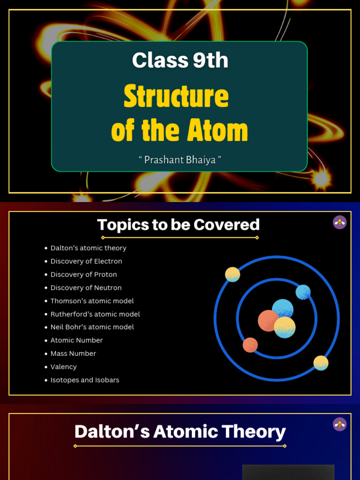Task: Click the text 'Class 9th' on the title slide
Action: pyautogui.click(x=180, y=60)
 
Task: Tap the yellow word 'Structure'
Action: pyautogui.click(x=176, y=97)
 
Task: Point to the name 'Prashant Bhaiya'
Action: pyautogui.click(x=180, y=160)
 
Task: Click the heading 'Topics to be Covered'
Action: pyautogui.click(x=178, y=225)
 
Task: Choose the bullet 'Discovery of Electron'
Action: pyautogui.click(x=86, y=261)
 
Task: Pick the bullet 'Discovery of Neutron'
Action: pyautogui.click(x=86, y=287)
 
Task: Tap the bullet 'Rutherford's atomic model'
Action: pyautogui.click(x=95, y=314)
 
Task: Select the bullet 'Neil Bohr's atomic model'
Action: pyautogui.click(x=92, y=327)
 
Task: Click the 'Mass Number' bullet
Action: pyautogui.click(x=73, y=353)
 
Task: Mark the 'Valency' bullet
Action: pyautogui.click(x=63, y=367)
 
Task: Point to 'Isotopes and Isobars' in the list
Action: pyautogui.click(x=85, y=380)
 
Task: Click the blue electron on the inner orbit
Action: pyautogui.click(x=303, y=292)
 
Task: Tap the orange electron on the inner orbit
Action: pyautogui.click(x=250, y=345)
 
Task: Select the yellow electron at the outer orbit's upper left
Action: pyautogui.click(x=232, y=274)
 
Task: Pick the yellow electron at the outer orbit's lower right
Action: pyautogui.click(x=321, y=363)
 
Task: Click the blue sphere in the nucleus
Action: pyautogui.click(x=283, y=309)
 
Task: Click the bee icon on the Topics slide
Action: pyautogui.click(x=339, y=222)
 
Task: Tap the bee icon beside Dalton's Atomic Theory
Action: pyautogui.click(x=339, y=424)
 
